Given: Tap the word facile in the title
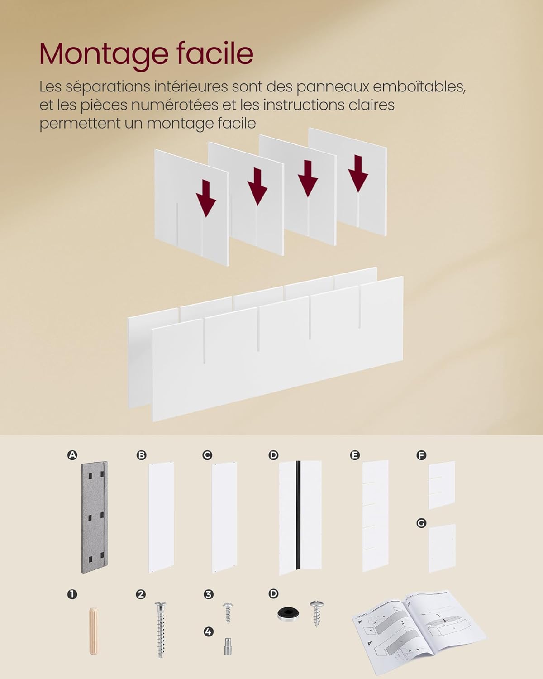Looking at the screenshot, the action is (x=215, y=53).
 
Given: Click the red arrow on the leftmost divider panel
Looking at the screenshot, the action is (x=206, y=198).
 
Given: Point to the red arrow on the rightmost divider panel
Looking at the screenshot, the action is (x=358, y=173).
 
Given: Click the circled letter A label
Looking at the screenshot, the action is (x=72, y=455).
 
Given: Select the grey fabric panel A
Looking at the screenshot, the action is (x=94, y=517).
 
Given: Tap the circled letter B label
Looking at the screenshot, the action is (x=141, y=455).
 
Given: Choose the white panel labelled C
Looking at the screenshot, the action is (x=224, y=517).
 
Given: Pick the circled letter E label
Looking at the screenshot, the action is (x=355, y=455).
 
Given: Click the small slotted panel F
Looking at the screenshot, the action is (x=442, y=485).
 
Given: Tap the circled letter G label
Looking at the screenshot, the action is (x=421, y=523).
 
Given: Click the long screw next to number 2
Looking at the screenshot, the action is (x=161, y=630).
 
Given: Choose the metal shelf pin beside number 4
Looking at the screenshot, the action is (x=228, y=646).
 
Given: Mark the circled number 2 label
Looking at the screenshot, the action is (x=140, y=594).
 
